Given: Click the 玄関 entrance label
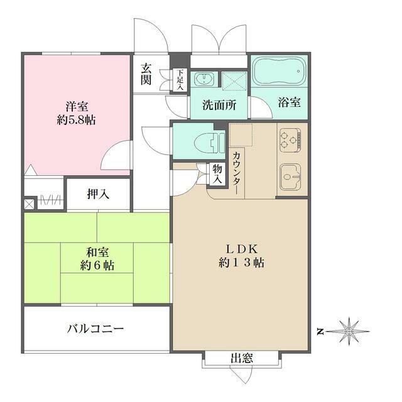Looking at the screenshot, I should coord(146,75).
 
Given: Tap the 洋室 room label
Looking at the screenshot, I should coord(74,105).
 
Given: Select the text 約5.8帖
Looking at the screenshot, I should coord(74,119).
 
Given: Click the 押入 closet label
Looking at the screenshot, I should coord(98,194).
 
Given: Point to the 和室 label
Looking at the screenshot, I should coord(97,252).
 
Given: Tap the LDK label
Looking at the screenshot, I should coord(241,248).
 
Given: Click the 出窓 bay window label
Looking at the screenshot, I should coord(241,359).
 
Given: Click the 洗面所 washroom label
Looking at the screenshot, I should coord(219,105).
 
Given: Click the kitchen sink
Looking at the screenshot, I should coord(291,178).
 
